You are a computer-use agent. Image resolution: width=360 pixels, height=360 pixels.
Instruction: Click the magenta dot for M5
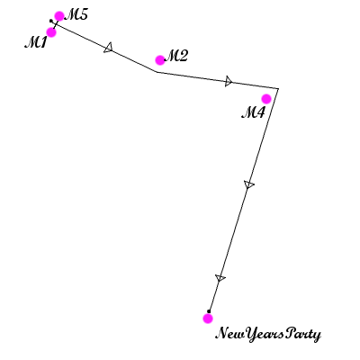tap(59, 16)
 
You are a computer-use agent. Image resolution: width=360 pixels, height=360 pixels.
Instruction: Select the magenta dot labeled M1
tap(51, 32)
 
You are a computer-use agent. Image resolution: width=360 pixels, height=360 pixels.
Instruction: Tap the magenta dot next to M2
tap(160, 60)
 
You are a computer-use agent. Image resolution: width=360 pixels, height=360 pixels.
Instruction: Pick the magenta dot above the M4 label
tap(266, 99)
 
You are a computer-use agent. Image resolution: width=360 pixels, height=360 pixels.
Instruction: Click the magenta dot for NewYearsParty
tap(208, 319)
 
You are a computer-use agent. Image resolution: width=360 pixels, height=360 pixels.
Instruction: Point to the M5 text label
tap(76, 14)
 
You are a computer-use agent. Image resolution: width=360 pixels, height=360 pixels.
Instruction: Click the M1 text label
tap(36, 42)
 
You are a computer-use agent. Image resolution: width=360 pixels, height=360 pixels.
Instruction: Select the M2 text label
tap(176, 56)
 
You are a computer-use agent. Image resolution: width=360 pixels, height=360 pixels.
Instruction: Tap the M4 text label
tap(254, 112)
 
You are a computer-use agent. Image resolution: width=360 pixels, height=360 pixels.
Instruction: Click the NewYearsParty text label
tap(268, 334)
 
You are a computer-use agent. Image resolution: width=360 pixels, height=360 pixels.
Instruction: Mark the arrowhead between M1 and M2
tap(109, 48)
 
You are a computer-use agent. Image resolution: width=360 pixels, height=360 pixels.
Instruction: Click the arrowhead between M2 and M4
tap(229, 81)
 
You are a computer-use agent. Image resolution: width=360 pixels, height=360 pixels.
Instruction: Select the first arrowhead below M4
tap(248, 184)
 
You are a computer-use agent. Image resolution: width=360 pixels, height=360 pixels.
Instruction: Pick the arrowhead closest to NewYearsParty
tap(220, 278)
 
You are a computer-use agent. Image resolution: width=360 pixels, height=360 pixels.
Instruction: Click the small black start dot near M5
tap(51, 21)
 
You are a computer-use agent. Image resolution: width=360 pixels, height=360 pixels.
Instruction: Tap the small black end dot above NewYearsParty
tap(209, 311)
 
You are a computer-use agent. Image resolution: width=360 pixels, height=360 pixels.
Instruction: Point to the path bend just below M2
tap(157, 72)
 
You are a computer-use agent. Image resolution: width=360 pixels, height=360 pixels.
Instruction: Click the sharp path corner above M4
tap(278, 88)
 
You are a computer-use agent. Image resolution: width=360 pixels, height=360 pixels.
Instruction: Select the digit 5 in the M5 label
tap(83, 14)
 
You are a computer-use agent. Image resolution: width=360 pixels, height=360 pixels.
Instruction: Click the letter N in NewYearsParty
tap(222, 333)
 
